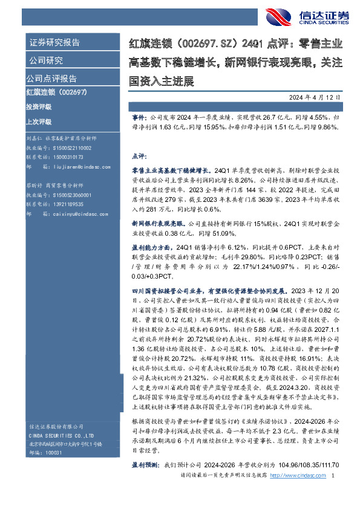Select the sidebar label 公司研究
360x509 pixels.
45,60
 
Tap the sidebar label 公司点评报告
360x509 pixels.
51,79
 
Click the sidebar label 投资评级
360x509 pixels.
39,106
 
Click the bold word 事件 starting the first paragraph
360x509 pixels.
139,113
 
